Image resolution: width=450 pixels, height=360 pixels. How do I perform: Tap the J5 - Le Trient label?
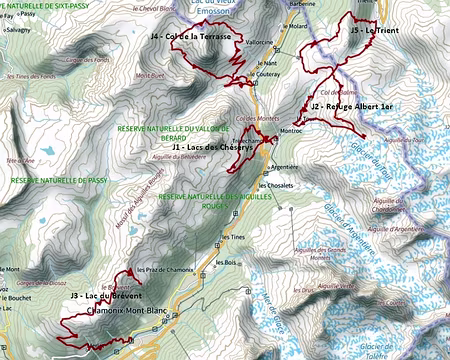[x=376, y=31]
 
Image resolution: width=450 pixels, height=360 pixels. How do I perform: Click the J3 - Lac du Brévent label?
[x=106, y=296]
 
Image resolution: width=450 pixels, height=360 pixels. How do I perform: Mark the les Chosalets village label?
[x=275, y=186]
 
